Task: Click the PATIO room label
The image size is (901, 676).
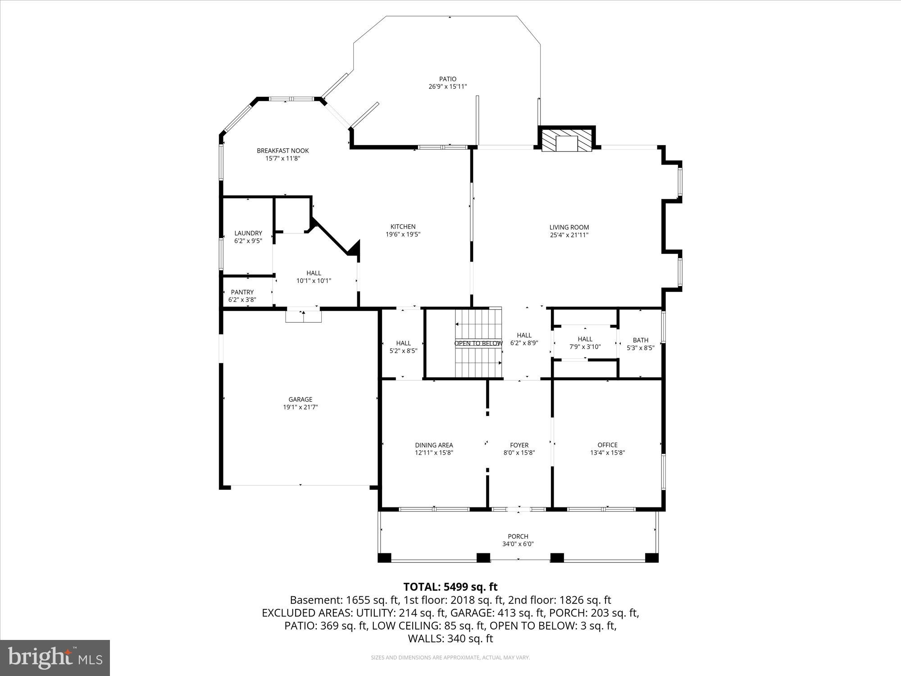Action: point(448,79)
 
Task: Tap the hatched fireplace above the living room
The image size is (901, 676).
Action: point(566,142)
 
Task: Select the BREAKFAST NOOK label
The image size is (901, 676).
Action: point(282,151)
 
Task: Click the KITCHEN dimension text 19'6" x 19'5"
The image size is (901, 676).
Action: point(403,234)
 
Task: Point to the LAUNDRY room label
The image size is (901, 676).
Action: point(248,233)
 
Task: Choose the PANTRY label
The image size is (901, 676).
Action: point(242,292)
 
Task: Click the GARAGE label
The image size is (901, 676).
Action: point(300,399)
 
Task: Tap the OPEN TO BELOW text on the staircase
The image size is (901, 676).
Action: point(478,343)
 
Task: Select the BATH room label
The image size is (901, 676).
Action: point(640,340)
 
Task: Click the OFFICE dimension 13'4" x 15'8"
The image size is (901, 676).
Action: point(607,452)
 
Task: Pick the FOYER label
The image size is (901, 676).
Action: point(519,445)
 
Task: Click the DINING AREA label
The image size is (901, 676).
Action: point(434,445)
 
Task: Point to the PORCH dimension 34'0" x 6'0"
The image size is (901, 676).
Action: point(518,544)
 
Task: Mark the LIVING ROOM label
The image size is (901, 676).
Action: point(569,227)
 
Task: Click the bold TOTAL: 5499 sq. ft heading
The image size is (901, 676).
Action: point(450,587)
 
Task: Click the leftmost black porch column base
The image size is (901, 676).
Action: point(384,557)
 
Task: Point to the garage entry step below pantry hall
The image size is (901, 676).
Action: point(303,316)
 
